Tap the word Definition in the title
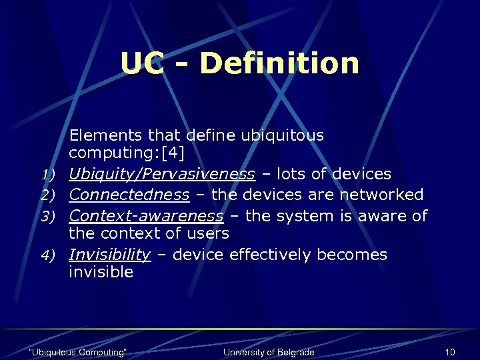point(279,63)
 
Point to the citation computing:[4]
point(127,153)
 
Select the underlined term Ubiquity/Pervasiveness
point(162,174)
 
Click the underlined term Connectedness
point(129,195)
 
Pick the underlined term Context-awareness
point(146,216)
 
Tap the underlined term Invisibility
point(110,255)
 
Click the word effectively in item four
point(265,255)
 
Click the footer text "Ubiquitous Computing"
point(79,352)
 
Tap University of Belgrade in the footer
point(269,352)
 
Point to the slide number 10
point(450,352)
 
